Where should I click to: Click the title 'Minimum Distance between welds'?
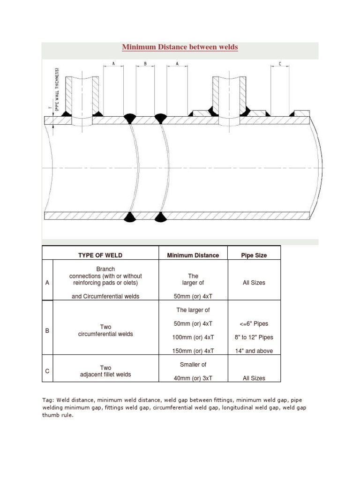(180, 47)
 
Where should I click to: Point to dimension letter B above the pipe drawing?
(145, 63)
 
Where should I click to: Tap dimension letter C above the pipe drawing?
(280, 63)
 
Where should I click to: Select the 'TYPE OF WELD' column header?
(100, 255)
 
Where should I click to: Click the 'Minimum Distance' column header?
(193, 255)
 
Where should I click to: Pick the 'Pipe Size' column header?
(254, 255)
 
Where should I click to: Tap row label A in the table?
(47, 283)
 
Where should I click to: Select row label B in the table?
(47, 330)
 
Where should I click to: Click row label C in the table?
(47, 371)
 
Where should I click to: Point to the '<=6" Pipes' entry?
(254, 324)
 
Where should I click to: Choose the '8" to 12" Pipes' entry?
(254, 337)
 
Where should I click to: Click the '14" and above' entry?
(254, 351)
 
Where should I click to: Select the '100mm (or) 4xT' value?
(193, 337)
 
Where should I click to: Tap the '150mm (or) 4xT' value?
(193, 351)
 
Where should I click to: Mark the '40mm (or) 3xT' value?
(193, 378)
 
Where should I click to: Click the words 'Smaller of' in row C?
(193, 364)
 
